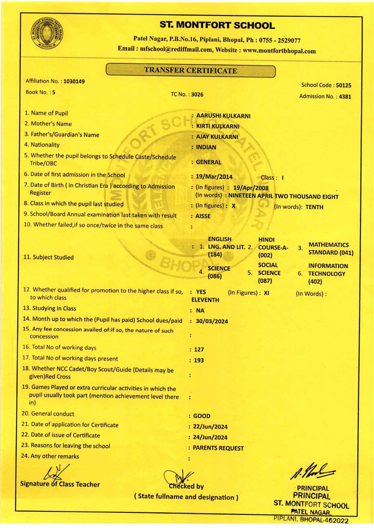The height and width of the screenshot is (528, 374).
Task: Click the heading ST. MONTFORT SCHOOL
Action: (x=217, y=25)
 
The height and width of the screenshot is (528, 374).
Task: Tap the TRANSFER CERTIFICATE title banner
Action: (x=190, y=71)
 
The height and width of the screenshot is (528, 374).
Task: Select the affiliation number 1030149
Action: (x=74, y=82)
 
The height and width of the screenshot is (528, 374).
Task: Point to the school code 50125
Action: (x=343, y=85)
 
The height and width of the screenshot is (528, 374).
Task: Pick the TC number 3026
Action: (x=197, y=95)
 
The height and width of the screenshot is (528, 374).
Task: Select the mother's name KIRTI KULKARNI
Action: (x=220, y=126)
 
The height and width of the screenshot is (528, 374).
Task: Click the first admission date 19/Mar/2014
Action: (x=214, y=177)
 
